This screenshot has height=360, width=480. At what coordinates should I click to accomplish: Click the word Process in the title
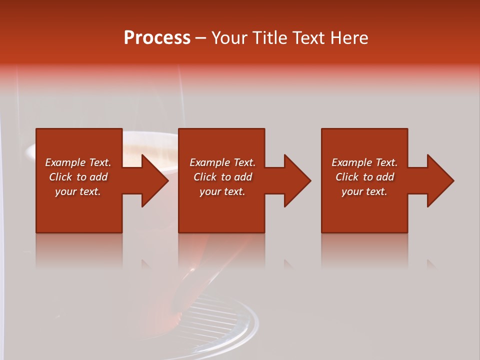click(x=157, y=38)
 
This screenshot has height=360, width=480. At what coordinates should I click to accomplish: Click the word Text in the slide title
click(x=310, y=38)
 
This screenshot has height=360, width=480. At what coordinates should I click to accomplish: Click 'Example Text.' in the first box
click(x=78, y=162)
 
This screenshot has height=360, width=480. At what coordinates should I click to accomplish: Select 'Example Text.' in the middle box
click(x=222, y=162)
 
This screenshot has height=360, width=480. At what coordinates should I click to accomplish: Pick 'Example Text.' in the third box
click(x=364, y=162)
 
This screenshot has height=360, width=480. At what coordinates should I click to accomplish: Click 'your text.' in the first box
click(x=78, y=191)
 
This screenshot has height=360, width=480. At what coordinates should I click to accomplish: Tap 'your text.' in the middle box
click(x=222, y=191)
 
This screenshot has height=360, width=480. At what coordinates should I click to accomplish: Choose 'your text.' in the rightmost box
click(x=364, y=191)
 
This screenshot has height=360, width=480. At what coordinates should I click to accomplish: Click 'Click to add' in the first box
click(x=78, y=177)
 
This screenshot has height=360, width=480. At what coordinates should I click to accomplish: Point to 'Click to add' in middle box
click(x=222, y=177)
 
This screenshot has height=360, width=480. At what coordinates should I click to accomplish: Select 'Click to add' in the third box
click(x=364, y=177)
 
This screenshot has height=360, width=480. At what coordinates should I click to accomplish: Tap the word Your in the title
click(x=229, y=38)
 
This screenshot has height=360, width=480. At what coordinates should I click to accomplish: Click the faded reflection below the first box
click(x=79, y=250)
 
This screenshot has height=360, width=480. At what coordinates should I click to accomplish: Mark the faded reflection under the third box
click(x=364, y=250)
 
